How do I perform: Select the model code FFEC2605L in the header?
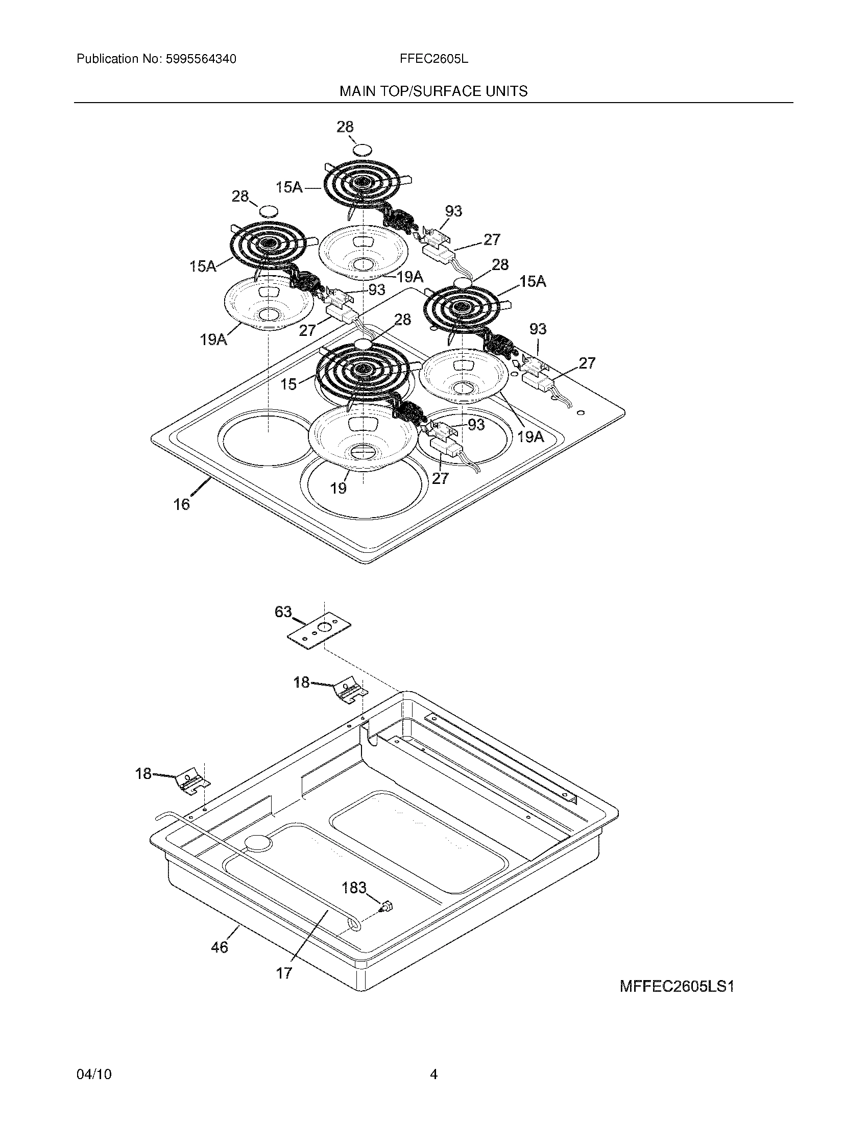coord(433,59)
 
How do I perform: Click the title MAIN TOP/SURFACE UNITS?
coord(433,91)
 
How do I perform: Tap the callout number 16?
coord(181,504)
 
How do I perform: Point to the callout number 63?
coord(283,612)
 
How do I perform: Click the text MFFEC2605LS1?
coord(676,987)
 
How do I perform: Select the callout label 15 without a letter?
coord(289,383)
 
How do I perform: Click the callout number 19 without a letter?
coord(339,488)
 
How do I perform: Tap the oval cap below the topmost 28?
coord(363,150)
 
